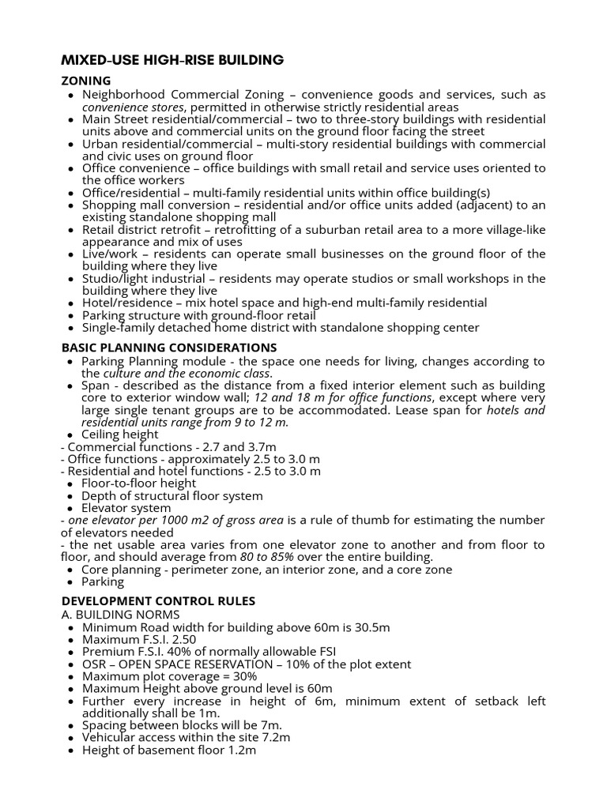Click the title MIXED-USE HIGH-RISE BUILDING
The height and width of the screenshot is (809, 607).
coord(172,60)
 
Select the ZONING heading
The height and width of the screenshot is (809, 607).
coord(86,81)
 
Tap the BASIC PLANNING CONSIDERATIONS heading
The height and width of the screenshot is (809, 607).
coord(169,347)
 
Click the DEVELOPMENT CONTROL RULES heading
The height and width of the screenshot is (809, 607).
coord(158,601)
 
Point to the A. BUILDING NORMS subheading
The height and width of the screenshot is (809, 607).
coord(120,615)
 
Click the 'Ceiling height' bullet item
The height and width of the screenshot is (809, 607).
coord(120,434)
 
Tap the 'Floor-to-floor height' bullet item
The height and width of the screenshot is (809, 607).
coord(139,483)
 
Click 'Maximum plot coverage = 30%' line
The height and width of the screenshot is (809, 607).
coord(169,676)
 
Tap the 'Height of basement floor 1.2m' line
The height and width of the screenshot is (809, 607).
coord(169,750)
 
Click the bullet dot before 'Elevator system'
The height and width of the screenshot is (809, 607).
coord(71,508)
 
